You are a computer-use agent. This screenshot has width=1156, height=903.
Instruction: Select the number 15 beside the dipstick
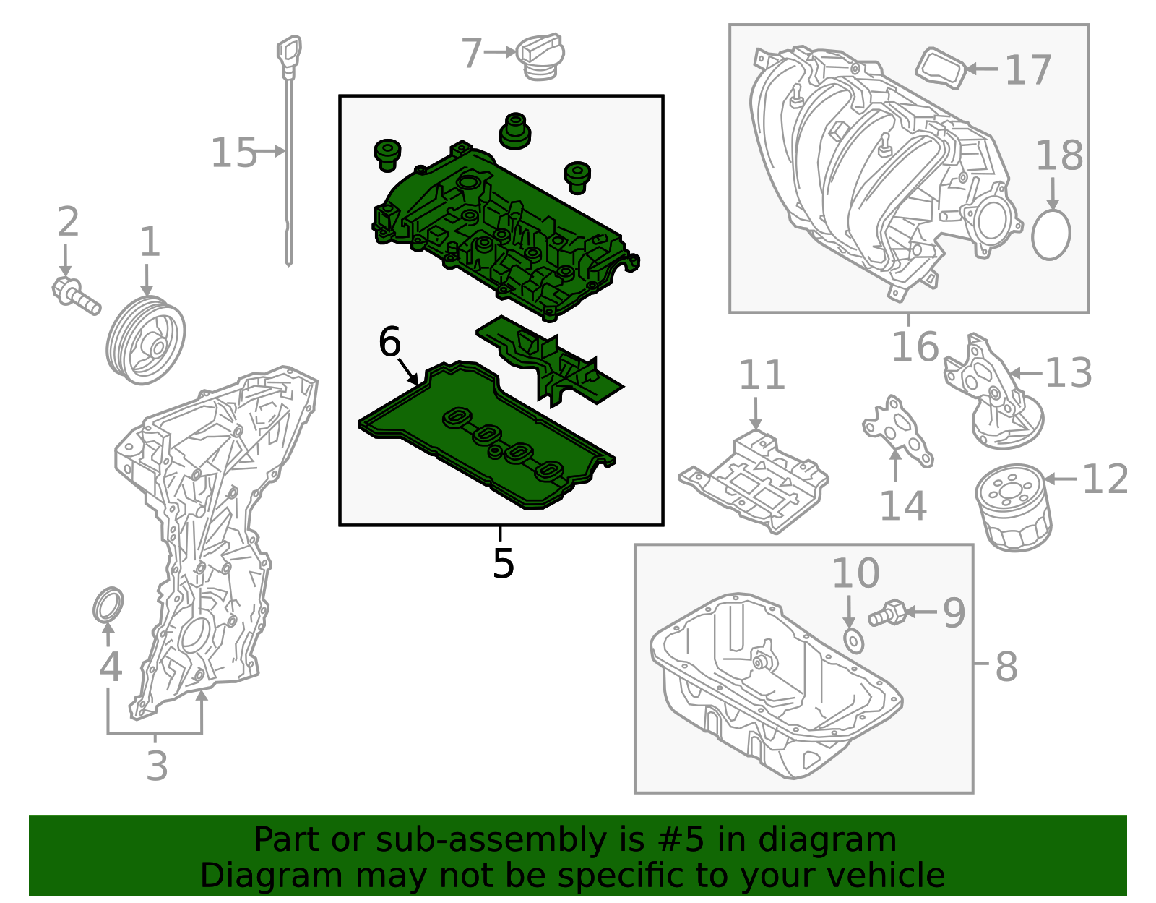(233, 153)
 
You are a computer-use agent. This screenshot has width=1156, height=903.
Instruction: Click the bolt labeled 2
(76, 297)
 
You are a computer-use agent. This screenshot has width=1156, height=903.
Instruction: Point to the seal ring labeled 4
(108, 604)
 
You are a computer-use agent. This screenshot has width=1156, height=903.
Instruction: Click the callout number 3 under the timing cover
(157, 766)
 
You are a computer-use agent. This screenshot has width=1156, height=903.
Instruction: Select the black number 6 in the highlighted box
(389, 342)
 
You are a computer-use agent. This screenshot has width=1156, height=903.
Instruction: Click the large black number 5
(503, 563)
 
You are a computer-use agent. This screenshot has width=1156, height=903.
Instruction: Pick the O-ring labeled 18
(1051, 234)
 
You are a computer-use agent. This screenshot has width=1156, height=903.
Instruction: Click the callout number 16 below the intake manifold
(914, 347)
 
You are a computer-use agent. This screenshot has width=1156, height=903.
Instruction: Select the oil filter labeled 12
(1014, 508)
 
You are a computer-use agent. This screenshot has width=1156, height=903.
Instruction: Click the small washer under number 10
(854, 641)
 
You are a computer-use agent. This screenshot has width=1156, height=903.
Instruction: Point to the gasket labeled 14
(898, 430)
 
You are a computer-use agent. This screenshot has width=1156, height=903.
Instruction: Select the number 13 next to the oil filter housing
(1068, 373)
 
